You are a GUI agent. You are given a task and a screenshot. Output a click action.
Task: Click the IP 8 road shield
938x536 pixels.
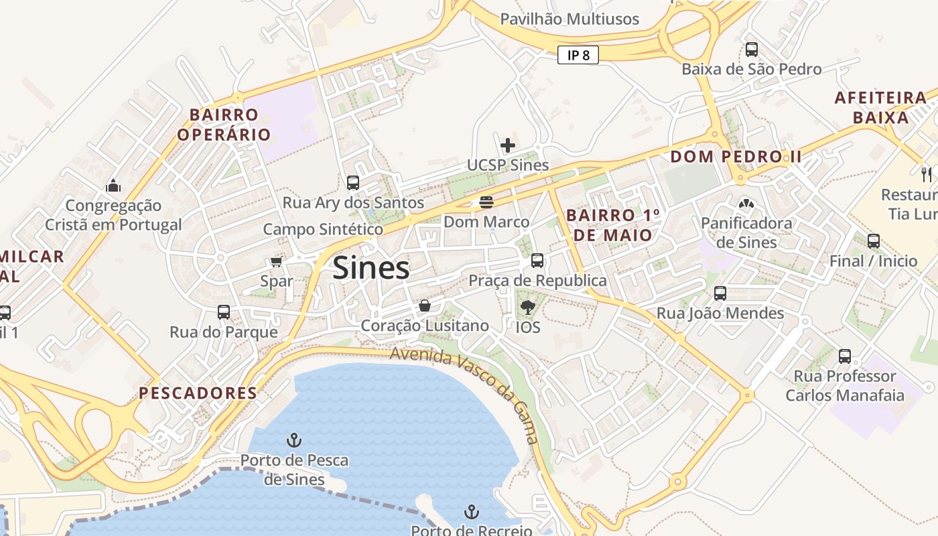[578, 55]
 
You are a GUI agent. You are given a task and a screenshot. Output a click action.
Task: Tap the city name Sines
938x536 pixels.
[371, 268]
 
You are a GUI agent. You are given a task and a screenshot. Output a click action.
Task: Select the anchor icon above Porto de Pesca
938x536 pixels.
[294, 440]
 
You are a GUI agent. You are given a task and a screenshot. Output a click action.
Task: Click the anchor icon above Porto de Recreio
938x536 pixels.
[472, 513]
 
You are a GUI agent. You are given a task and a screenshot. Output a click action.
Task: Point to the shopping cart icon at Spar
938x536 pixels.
[276, 261]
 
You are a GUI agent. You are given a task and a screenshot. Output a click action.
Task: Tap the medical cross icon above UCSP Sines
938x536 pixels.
[508, 145]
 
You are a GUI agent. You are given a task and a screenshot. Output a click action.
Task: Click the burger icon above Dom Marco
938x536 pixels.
[486, 202]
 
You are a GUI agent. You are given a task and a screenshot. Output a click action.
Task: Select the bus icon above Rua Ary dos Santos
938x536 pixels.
[353, 182]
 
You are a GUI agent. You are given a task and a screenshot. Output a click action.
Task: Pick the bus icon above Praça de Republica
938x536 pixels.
[537, 260]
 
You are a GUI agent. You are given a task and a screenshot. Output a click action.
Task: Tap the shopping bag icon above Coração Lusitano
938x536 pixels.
[425, 306]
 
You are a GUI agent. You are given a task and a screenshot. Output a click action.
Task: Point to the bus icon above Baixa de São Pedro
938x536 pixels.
[752, 49]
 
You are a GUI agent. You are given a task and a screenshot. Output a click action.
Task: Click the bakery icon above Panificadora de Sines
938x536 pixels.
[746, 203]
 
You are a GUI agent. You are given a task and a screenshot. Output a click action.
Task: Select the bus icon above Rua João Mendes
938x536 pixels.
[720, 293]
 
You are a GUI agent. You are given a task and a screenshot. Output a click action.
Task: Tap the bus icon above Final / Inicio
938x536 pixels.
[874, 241]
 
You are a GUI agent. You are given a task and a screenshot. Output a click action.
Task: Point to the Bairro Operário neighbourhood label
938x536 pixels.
[224, 125]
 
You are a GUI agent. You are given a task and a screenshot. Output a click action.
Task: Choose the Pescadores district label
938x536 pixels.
[198, 393]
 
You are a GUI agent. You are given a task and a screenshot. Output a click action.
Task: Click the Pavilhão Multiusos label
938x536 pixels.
[569, 19]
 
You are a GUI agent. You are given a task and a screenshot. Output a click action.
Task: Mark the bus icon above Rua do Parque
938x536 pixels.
[224, 312]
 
